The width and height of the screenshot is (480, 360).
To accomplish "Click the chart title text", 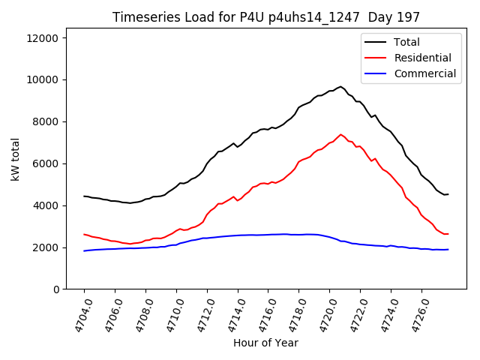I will [x=266, y=16].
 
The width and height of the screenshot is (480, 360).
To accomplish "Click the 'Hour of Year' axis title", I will [x=265, y=343].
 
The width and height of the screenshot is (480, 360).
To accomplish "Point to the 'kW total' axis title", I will [x=15, y=159].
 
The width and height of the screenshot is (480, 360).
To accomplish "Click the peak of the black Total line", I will [x=340, y=86].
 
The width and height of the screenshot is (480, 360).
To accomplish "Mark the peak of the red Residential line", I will [x=340, y=135].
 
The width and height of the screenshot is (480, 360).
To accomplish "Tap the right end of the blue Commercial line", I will [x=448, y=250].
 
